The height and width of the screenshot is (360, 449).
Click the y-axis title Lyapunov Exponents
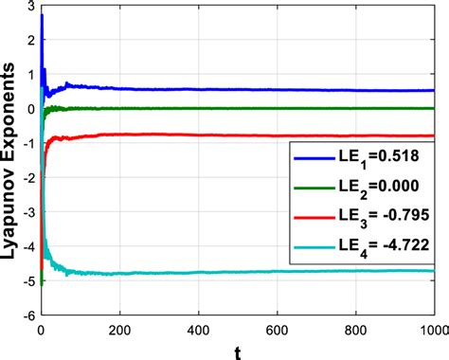coord(10,157)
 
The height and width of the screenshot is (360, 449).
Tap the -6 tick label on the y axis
coord(27,315)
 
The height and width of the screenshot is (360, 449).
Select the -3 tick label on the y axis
coord(27,212)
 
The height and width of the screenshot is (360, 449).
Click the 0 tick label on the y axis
coord(30,109)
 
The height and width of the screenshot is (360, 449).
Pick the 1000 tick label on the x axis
coord(431,329)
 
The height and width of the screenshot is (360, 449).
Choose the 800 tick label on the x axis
coord(354,329)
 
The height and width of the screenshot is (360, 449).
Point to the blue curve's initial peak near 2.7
coord(41,17)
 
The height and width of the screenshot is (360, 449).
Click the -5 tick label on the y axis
coord(27,281)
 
